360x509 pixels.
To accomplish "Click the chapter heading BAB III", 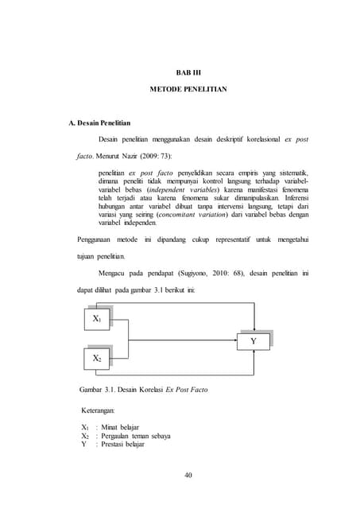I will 188,72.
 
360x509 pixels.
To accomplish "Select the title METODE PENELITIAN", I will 188,90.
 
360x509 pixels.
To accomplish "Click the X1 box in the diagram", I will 96,318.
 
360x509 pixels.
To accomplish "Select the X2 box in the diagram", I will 96,359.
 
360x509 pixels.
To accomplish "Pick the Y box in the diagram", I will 253,340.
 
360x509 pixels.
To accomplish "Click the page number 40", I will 188,475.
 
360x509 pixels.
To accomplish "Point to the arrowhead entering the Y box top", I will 252,328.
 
